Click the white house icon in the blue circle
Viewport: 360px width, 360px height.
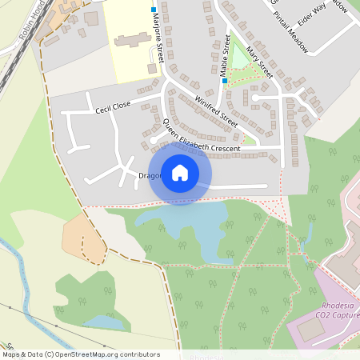(x=180, y=173)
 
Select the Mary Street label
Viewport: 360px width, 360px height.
(x=259, y=62)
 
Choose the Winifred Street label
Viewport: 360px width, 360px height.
(x=217, y=111)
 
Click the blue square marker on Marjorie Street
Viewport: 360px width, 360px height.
(x=154, y=10)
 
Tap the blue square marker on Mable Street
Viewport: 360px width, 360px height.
(x=225, y=81)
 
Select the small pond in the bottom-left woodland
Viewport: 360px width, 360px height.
(x=100, y=322)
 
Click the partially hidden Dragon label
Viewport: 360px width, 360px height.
(x=150, y=175)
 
